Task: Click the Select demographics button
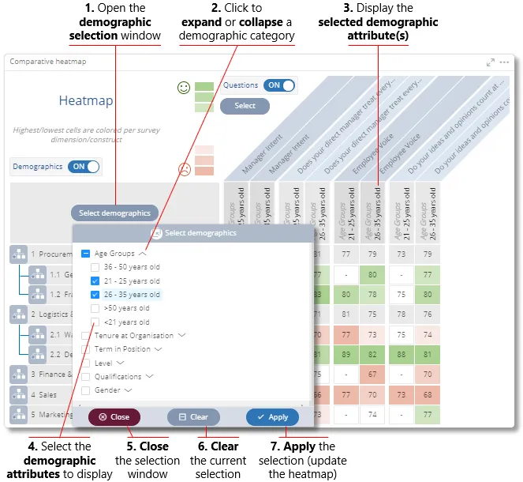pos(114,213)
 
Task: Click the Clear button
pos(193,417)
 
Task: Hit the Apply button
pos(272,417)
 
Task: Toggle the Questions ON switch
pos(279,85)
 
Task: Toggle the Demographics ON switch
pos(84,167)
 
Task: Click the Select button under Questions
pos(245,106)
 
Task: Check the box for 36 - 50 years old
pos(95,267)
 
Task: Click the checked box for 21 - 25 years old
pos(95,281)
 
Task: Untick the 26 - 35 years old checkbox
pos(95,295)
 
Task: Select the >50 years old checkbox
pos(95,308)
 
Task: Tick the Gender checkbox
pos(85,390)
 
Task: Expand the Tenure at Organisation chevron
pos(182,335)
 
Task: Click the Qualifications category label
pos(118,377)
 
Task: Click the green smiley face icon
pos(184,88)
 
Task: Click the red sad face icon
pos(184,168)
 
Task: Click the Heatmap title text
pos(86,101)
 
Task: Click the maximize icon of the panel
pos(491,62)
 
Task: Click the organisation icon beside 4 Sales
pos(19,394)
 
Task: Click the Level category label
pos(103,363)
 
